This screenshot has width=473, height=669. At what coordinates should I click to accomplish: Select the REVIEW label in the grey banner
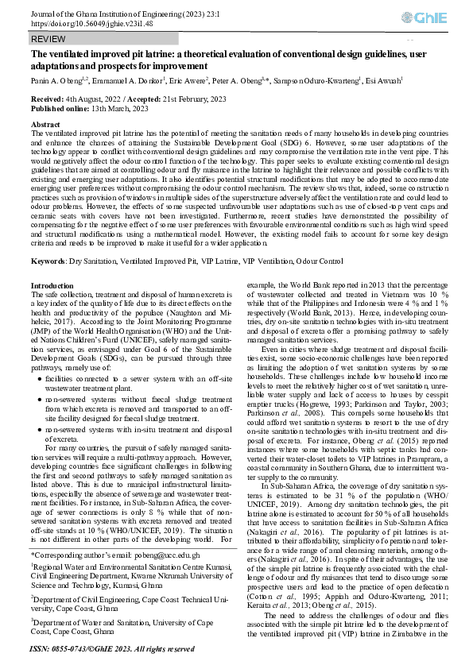point(48,39)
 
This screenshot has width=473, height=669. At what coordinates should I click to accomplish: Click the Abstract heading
point(45,125)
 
